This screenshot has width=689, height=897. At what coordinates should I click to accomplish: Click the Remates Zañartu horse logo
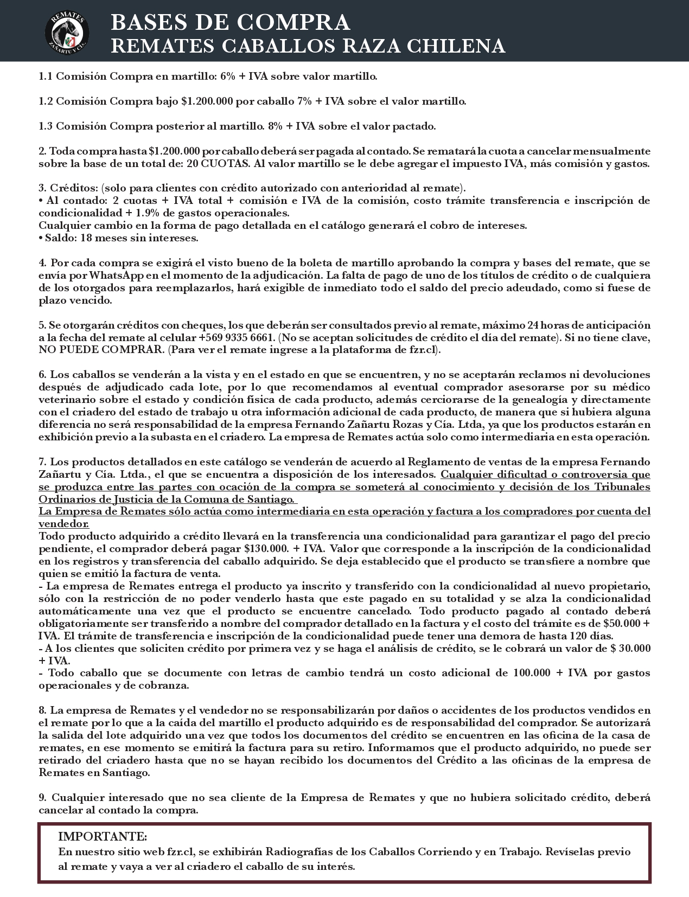pyautogui.click(x=67, y=30)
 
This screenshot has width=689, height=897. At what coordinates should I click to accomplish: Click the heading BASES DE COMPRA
pyautogui.click(x=230, y=22)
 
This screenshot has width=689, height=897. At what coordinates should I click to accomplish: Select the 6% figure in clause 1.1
pyautogui.click(x=228, y=76)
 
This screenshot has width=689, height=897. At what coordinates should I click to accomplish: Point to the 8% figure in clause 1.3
pyautogui.click(x=276, y=126)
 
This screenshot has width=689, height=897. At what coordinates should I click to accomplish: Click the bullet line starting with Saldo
pyautogui.click(x=118, y=238)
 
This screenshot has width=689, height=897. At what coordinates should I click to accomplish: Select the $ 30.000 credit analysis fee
pyautogui.click(x=630, y=649)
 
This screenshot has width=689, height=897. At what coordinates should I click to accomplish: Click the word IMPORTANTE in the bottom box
pyautogui.click(x=103, y=836)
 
